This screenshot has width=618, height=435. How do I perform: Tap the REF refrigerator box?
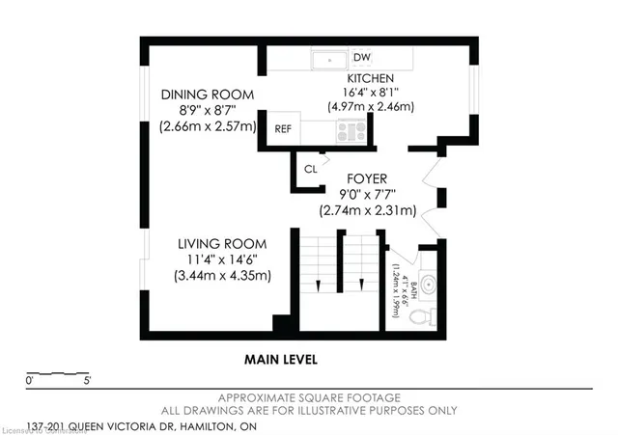282,129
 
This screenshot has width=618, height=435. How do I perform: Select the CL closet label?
310,169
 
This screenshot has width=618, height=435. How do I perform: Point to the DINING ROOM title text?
208,95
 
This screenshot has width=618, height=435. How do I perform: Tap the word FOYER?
367,178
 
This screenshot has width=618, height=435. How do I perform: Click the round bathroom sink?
430,285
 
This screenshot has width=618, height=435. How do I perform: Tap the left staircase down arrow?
318,283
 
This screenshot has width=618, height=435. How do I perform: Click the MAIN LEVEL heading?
280,359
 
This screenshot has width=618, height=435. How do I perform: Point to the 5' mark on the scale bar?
88,382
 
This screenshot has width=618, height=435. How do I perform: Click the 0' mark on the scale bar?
30,382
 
